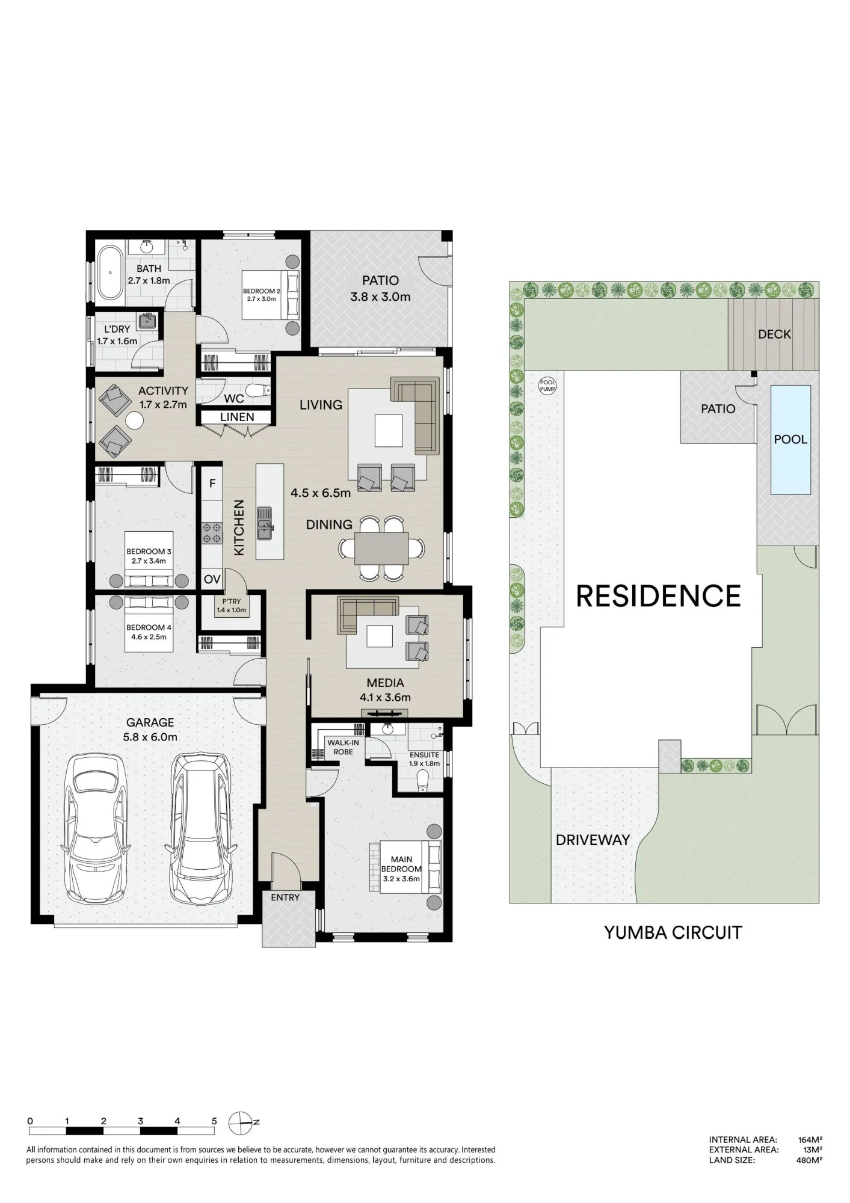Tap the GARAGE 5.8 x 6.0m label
tap(150, 729)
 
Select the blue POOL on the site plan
tap(790, 440)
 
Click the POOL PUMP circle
tap(547, 386)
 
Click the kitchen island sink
tap(265, 523)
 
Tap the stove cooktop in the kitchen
tap(212, 532)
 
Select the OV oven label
tap(212, 579)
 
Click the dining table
tap(381, 548)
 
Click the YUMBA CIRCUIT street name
tap(673, 932)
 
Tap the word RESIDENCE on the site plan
tap(659, 596)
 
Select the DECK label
tap(774, 334)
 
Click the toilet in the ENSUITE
tap(423, 781)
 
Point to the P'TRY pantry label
tap(232, 605)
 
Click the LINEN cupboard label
tap(237, 417)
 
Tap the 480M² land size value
tap(809, 1160)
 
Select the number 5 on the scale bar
tap(214, 1121)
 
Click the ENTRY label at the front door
tap(285, 897)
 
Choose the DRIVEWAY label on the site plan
tap(593, 840)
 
